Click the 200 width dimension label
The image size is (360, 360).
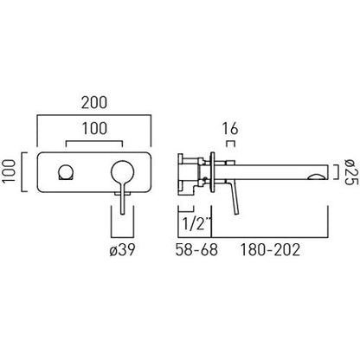point(94,103)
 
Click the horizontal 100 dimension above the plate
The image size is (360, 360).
point(94,128)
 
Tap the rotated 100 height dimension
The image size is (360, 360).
point(9,171)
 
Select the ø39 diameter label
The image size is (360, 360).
point(122,250)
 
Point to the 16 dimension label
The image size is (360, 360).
point(230,129)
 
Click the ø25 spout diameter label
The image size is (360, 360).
point(351,172)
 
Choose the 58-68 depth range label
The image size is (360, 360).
point(196,250)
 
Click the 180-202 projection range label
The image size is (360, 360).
point(270,250)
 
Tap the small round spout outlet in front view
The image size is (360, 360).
point(66,172)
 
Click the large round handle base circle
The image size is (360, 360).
point(122,172)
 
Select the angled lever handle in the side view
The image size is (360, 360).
point(234,197)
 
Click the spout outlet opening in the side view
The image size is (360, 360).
point(317,177)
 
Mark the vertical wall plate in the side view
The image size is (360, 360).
point(213,172)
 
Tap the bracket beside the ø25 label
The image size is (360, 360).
point(337,172)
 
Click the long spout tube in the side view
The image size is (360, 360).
point(272,172)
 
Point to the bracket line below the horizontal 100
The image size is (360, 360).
point(94,141)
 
